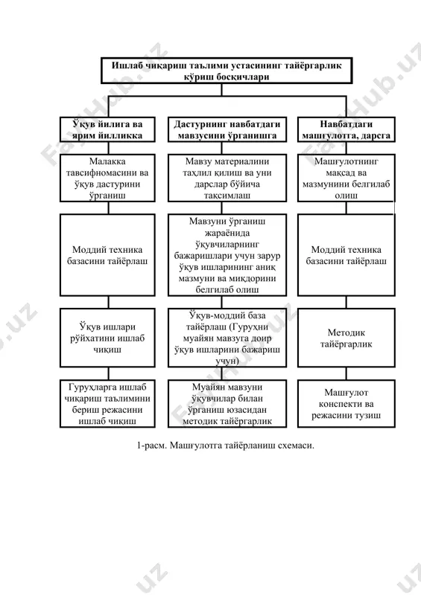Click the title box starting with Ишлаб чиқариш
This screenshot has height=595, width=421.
tap(227, 71)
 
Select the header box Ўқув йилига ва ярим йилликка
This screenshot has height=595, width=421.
tap(107, 129)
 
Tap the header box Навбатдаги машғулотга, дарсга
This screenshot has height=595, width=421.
tap(346, 129)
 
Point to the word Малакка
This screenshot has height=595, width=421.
tap(107, 161)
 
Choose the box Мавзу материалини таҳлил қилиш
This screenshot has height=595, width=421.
tap(227, 178)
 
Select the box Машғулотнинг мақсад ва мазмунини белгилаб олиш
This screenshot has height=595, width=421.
tap(346, 178)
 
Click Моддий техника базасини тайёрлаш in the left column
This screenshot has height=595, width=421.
tap(107, 255)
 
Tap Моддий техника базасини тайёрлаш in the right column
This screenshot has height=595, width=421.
tap(346, 255)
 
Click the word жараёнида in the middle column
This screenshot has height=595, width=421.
tap(227, 233)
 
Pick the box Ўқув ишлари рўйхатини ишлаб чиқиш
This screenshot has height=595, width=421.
tap(107, 338)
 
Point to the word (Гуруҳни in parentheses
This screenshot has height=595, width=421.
tap(249, 327)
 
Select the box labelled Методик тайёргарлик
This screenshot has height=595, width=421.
tap(346, 338)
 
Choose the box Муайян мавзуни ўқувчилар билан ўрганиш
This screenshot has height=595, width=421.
tap(227, 404)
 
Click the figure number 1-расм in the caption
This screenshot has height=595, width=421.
tap(151, 446)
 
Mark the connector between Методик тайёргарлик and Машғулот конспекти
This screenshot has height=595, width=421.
tap(346, 374)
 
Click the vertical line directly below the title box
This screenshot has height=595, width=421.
tap(221, 89)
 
